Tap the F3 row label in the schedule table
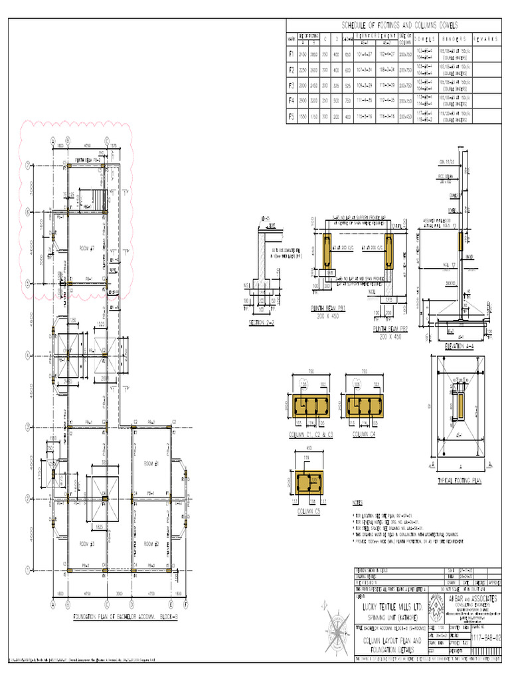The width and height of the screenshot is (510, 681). pyautogui.click(x=290, y=84)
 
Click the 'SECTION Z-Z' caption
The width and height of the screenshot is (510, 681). pyautogui.click(x=260, y=323)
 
